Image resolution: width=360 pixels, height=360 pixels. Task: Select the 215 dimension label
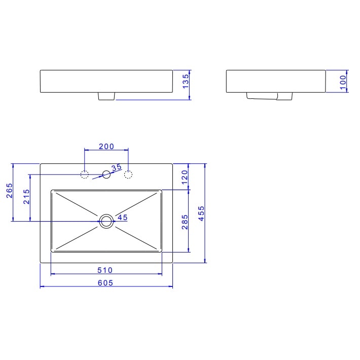[x=26, y=197]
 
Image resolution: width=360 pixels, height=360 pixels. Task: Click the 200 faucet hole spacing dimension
[x=106, y=147]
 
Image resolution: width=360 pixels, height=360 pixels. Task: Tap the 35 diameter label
[x=116, y=167]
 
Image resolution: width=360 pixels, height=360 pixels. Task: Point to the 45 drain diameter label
[x=122, y=218]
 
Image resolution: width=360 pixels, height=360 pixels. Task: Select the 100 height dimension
[x=343, y=81]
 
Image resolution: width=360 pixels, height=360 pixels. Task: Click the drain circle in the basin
[x=106, y=221]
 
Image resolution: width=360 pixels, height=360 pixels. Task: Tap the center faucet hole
[x=106, y=175]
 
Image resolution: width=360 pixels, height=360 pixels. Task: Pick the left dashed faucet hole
[x=85, y=175]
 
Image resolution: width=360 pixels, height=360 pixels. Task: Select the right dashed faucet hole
[x=128, y=175]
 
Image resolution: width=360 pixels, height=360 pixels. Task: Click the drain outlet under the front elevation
[x=106, y=96]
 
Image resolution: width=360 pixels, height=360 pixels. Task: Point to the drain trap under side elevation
[x=269, y=96]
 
